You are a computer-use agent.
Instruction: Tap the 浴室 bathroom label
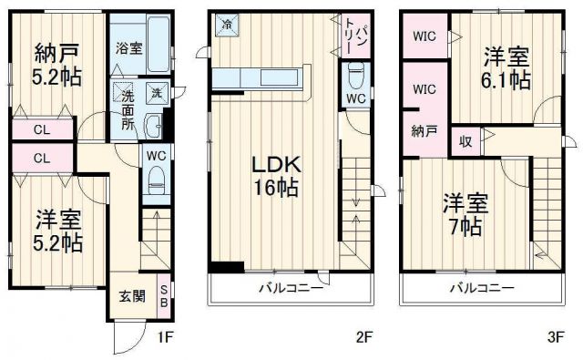128,46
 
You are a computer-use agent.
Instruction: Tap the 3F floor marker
554,337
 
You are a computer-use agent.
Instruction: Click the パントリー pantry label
355,35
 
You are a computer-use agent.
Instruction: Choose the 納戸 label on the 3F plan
423,130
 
